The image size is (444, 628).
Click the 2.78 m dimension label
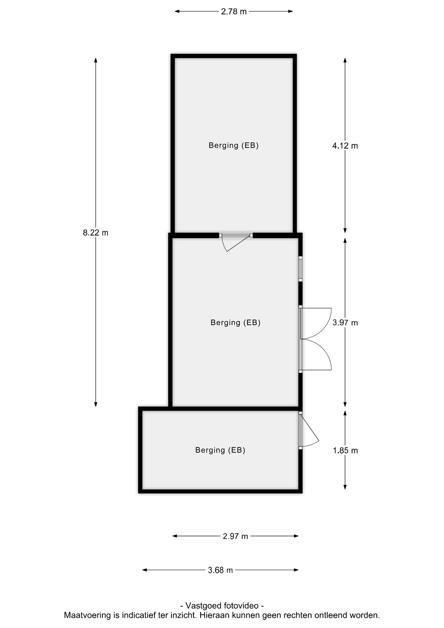click(x=234, y=12)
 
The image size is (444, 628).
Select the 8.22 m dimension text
click(x=95, y=233)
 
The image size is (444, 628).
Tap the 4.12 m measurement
click(x=345, y=146)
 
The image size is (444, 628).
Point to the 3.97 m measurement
click(x=345, y=323)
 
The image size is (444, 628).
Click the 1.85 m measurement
click(x=345, y=451)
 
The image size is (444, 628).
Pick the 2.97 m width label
click(x=235, y=536)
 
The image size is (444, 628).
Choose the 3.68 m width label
click(x=220, y=570)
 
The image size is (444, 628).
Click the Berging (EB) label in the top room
click(x=234, y=145)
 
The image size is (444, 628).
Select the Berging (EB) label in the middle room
click(x=235, y=323)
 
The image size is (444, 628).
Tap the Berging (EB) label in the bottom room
click(x=220, y=450)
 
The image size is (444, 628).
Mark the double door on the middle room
click(x=315, y=339)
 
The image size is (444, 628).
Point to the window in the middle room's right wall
click(x=300, y=269)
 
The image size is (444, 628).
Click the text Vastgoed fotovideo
click(x=222, y=606)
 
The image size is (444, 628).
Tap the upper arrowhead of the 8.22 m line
click(x=96, y=60)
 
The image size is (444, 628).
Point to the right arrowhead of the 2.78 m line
click(x=290, y=11)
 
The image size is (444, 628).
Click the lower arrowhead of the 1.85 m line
click(x=345, y=487)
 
